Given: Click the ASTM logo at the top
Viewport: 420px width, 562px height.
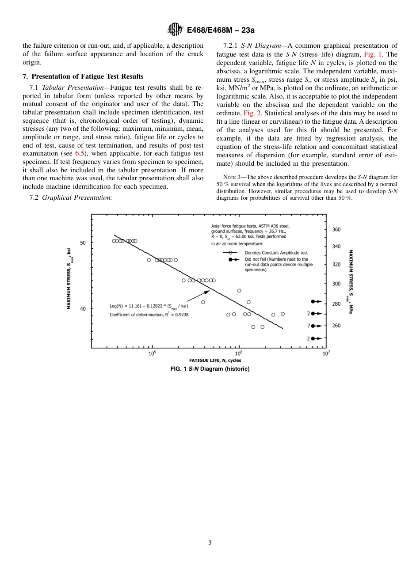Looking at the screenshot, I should tap(175, 30).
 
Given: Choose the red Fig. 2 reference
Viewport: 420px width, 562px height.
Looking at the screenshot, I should tap(252, 113).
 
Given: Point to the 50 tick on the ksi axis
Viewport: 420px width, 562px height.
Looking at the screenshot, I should tap(83, 243).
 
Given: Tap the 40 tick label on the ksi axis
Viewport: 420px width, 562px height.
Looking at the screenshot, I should tap(83, 309).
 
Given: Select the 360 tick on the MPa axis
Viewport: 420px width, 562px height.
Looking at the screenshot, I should tap(336, 230).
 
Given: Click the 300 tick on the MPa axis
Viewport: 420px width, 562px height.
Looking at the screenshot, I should tap(336, 284).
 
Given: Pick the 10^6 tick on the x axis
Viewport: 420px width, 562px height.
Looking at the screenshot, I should tap(239, 353).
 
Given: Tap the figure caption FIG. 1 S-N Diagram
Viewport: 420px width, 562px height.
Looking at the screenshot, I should tap(210, 368).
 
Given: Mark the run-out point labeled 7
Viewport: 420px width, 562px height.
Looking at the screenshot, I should tap(315, 326).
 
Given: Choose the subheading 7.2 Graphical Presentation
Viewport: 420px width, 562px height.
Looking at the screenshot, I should tap(70, 197).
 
